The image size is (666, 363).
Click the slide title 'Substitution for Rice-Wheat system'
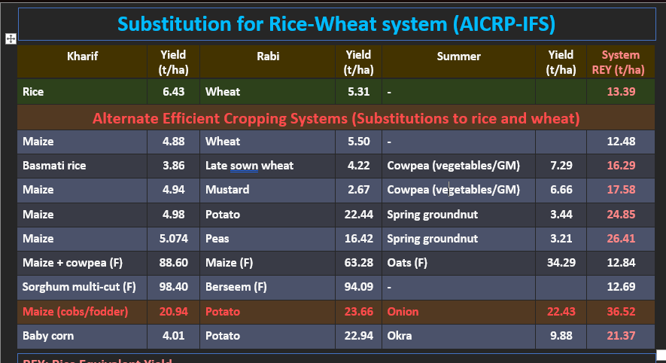[x=336, y=24]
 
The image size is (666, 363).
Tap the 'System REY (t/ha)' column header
[x=621, y=63]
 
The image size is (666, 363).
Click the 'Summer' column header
[x=458, y=56]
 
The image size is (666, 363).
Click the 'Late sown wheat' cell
[x=250, y=166]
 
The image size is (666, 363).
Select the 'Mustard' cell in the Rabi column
[x=227, y=190]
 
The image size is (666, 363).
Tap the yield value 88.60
[x=174, y=263]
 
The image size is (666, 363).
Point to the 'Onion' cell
[x=403, y=312]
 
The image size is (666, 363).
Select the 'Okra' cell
[x=400, y=336]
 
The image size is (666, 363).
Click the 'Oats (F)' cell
[x=407, y=263]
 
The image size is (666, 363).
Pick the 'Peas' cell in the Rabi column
[x=220, y=239]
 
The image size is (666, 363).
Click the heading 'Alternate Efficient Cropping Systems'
[x=336, y=119]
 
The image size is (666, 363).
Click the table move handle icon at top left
[x=11, y=38]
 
